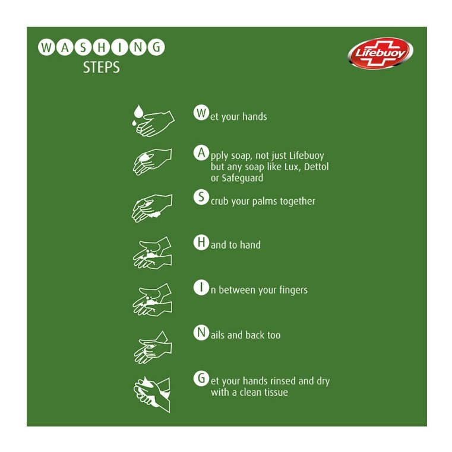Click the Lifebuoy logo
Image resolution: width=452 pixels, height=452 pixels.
point(381,53)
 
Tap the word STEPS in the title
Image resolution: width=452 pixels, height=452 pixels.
point(101,68)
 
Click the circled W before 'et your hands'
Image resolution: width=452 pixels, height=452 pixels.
point(201,113)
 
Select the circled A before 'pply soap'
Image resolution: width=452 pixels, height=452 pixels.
point(201,152)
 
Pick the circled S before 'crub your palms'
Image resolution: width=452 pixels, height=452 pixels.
point(201,198)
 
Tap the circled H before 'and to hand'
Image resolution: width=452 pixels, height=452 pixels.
point(201,242)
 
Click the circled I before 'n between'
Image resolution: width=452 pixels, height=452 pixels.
point(201,288)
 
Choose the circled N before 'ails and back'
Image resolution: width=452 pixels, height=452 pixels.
point(201,333)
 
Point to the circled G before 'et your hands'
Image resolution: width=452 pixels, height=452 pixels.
point(201,378)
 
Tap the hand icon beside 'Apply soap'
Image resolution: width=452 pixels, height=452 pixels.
point(152,161)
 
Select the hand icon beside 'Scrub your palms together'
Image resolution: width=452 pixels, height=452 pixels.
point(152,208)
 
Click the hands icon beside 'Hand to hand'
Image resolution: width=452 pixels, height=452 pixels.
point(152,253)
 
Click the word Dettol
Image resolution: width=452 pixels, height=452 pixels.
point(317,167)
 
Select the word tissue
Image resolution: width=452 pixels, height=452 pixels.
point(275,392)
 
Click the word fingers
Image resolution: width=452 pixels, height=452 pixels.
point(290,291)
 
